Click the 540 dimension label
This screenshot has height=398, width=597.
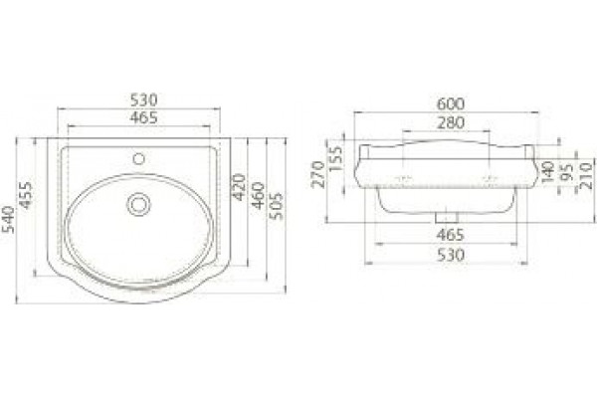pyautogui.click(x=8, y=220)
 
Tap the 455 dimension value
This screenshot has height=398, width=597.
pyautogui.click(x=26, y=195)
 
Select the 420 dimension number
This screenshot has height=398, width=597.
pyautogui.click(x=239, y=187)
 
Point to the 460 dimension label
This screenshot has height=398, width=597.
pyautogui.click(x=259, y=196)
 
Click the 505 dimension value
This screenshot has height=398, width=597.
pyautogui.click(x=277, y=206)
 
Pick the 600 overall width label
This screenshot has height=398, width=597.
pyautogui.click(x=451, y=103)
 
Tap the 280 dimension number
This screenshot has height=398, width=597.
pyautogui.click(x=451, y=123)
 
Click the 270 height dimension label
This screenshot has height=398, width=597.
pyautogui.click(x=318, y=174)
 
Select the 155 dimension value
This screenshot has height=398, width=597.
pyautogui.click(x=335, y=159)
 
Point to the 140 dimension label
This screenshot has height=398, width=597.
pyautogui.click(x=548, y=172)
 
